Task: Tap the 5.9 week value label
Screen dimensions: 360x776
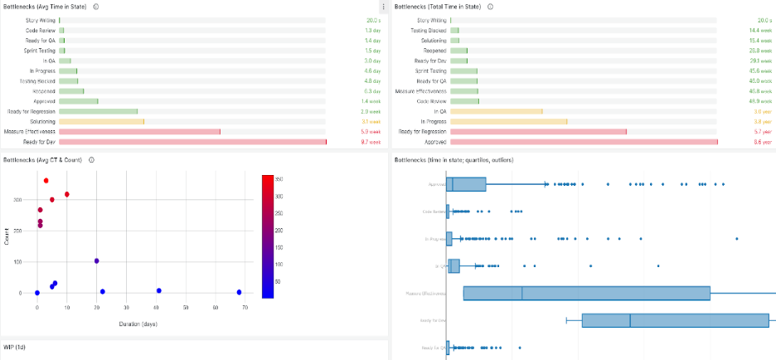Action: (x=370, y=132)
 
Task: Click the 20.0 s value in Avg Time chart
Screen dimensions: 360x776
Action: (x=372, y=19)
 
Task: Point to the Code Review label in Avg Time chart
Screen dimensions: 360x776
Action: (x=41, y=30)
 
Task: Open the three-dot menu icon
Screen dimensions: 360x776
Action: (x=383, y=7)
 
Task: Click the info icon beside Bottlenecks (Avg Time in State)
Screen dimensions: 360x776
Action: (x=96, y=7)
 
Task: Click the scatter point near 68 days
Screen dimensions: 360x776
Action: (x=239, y=292)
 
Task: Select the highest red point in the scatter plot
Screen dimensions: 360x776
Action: (x=46, y=181)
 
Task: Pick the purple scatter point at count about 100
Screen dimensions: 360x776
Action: (x=97, y=260)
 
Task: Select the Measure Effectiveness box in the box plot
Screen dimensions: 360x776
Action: (x=586, y=293)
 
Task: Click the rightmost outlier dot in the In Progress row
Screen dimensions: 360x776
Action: (x=736, y=239)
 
